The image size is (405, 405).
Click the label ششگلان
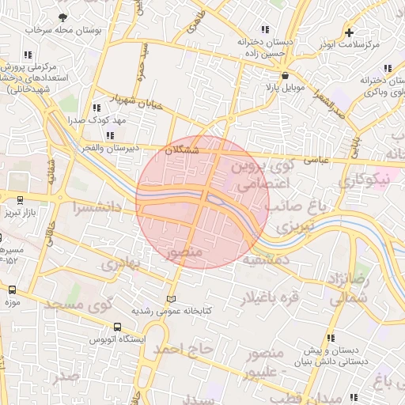click(184, 150)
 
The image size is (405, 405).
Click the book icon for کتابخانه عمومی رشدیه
click(172, 298)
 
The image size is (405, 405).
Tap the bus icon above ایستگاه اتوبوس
click(118, 326)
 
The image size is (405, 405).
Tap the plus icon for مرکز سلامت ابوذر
click(349, 32)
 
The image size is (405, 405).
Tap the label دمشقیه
click(266, 259)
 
